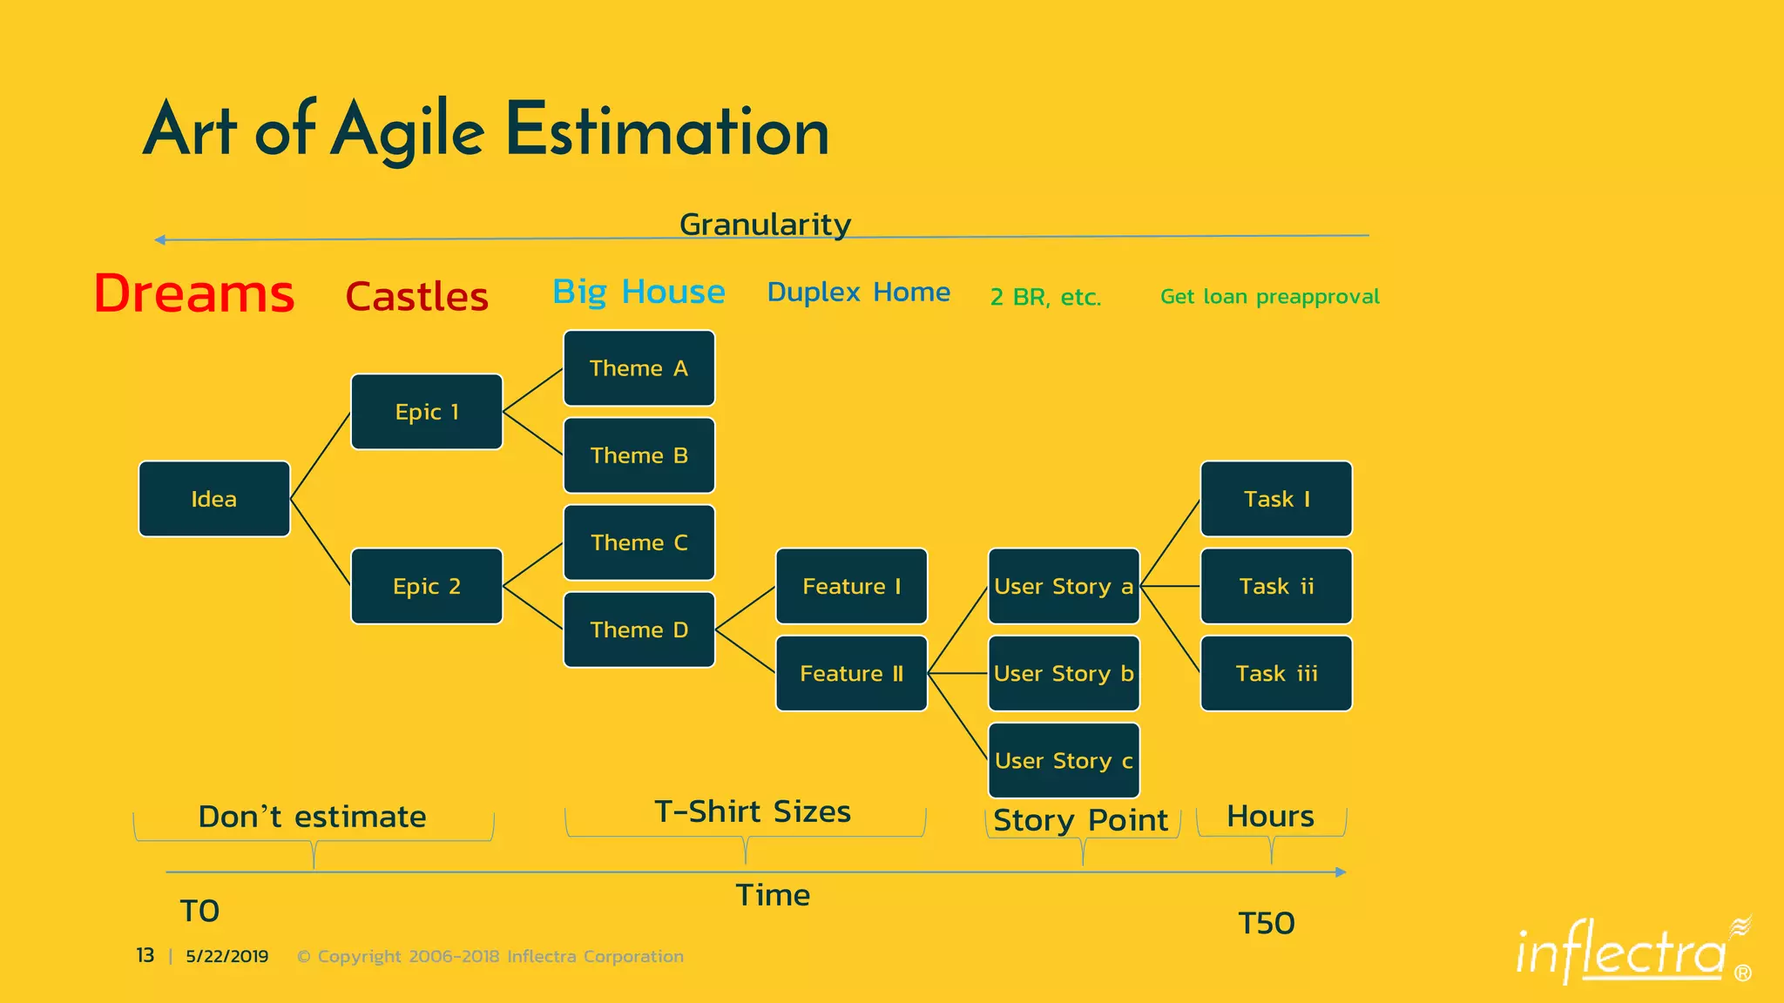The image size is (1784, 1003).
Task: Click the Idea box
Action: tap(213, 499)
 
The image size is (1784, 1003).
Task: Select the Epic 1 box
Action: tap(426, 412)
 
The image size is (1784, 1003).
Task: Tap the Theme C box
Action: tap(639, 542)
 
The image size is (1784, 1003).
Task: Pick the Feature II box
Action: tap(851, 673)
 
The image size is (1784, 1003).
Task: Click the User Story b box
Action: tap(1064, 673)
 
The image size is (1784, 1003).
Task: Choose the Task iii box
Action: tap(1276, 673)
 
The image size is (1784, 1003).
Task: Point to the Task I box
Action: tap(1276, 499)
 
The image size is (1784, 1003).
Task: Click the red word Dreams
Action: tap(194, 293)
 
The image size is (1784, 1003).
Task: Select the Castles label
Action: tap(416, 297)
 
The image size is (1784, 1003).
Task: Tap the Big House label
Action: tap(639, 292)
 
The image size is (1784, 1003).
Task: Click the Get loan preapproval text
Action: tap(1269, 297)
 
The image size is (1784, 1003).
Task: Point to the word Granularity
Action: tap(765, 225)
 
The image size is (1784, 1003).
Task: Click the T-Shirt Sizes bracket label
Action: tap(753, 811)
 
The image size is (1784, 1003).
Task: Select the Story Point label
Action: tap(1080, 820)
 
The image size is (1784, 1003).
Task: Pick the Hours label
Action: tap(1270, 817)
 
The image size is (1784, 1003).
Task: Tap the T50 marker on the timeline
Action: tap(1267, 923)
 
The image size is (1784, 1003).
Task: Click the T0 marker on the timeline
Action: tap(199, 911)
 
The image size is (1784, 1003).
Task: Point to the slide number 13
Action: tap(145, 956)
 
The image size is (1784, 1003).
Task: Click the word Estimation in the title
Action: tap(667, 131)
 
